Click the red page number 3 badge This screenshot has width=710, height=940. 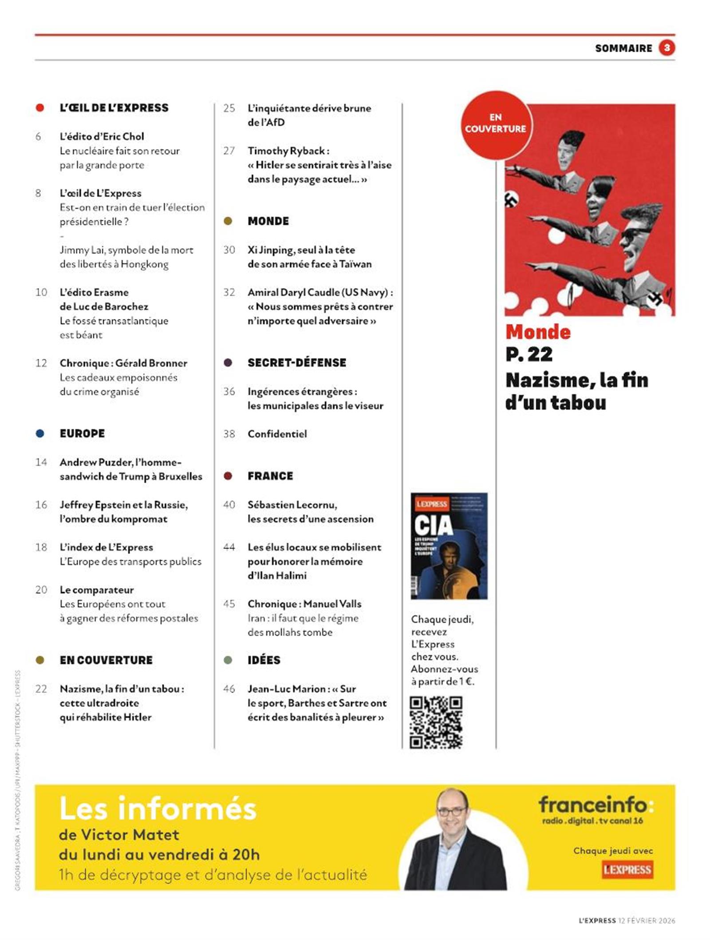667,48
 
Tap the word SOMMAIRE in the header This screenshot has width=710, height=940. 623,48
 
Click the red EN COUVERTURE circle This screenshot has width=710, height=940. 495,123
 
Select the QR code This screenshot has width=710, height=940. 436,722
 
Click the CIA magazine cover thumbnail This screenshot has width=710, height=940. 449,546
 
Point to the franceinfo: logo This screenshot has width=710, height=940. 596,805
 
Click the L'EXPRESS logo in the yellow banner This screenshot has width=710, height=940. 627,869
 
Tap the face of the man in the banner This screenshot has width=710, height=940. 452,813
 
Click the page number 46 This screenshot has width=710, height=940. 229,689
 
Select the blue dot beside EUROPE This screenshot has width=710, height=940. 40,434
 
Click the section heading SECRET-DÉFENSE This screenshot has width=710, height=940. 297,362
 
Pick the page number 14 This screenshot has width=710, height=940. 41,462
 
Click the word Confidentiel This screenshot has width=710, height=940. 277,434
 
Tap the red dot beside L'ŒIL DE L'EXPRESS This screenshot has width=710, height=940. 40,108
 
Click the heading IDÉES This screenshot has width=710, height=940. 264,660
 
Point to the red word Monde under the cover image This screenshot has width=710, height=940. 538,332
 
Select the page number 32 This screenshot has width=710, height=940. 229,292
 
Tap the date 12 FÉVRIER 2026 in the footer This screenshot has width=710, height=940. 647,920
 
